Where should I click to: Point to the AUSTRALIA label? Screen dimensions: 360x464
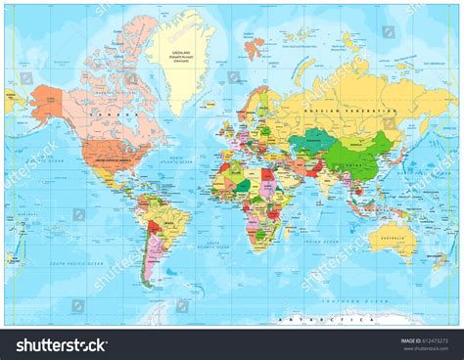click(396, 232)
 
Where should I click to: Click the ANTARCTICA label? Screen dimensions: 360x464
click(323, 319)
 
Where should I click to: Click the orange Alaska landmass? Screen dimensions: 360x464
click(46, 99)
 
